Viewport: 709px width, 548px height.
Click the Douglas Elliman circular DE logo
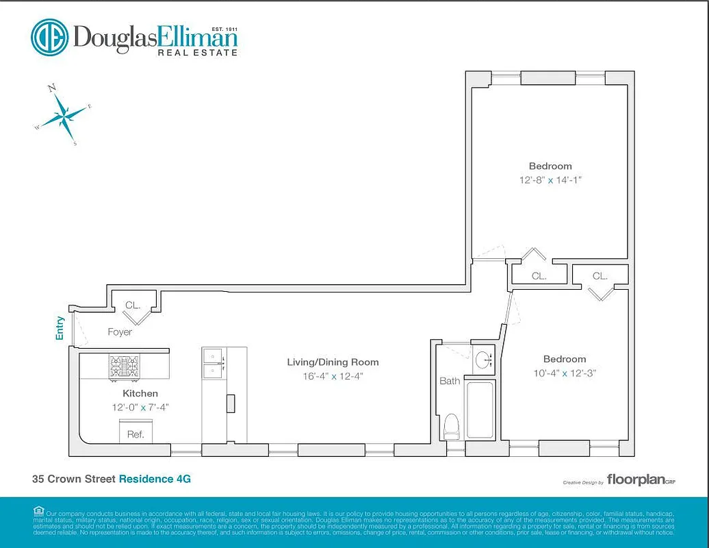[x=49, y=37]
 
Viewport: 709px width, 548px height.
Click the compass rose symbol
[x=64, y=115]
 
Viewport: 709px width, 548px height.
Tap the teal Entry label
[x=60, y=327]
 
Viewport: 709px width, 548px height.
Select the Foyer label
[x=120, y=332]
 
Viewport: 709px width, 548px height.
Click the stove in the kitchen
[x=124, y=366]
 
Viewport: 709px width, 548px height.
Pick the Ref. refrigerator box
[x=136, y=433]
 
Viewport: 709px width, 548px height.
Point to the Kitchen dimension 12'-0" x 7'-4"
[x=140, y=407]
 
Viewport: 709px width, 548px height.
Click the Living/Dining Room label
[x=333, y=362]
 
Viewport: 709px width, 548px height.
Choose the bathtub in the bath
[x=480, y=409]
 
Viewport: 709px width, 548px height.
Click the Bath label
[x=450, y=381]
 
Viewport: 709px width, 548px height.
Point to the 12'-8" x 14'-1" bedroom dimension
[x=550, y=180]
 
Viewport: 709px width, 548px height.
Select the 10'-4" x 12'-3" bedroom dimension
[x=565, y=373]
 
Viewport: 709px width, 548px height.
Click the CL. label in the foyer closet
[x=133, y=306]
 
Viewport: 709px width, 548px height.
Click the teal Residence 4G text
[x=155, y=479]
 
